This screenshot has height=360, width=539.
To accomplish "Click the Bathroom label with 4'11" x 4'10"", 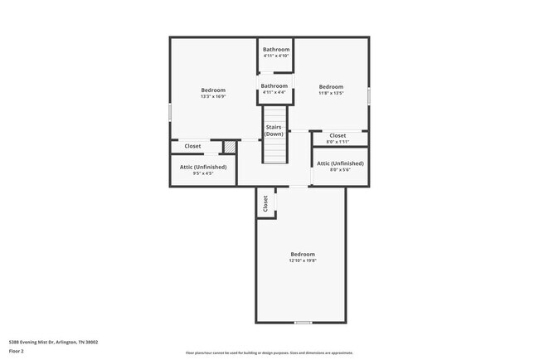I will [x=276, y=50].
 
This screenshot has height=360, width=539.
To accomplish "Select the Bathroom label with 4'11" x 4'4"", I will [x=274, y=86].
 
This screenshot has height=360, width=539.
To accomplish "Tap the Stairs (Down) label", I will [x=274, y=130].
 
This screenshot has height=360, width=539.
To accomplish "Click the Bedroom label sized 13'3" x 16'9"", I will [x=213, y=90].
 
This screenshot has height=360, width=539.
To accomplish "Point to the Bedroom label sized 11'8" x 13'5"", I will [x=331, y=87].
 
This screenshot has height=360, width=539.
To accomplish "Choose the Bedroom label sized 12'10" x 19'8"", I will [x=303, y=254].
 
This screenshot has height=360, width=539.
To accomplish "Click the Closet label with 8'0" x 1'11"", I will [x=337, y=135].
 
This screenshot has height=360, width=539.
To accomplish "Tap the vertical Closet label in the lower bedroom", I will [x=265, y=203].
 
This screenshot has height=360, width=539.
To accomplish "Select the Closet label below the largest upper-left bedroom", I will [x=192, y=146].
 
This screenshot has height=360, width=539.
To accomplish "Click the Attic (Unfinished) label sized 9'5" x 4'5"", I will [x=203, y=167].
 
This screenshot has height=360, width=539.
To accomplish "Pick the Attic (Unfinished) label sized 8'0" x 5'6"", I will [x=340, y=163].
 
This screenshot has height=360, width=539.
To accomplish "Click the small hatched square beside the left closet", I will [x=230, y=148].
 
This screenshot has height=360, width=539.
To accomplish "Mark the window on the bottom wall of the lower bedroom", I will [x=303, y=322].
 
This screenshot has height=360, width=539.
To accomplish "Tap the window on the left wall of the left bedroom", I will [x=171, y=111].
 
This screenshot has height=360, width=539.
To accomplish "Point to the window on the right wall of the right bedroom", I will [x=368, y=95].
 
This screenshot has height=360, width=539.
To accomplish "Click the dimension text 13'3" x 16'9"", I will [x=213, y=96].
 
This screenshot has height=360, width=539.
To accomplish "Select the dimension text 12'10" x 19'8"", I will [x=303, y=260].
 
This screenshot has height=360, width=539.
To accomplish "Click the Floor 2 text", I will [x=17, y=351].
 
